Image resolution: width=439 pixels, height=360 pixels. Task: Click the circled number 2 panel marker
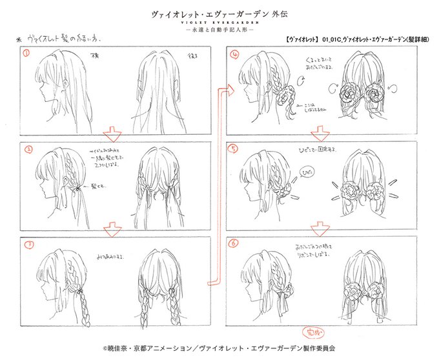(x=28, y=149)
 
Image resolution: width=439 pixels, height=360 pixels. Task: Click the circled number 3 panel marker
(x=28, y=245)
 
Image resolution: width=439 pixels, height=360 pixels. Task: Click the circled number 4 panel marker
(x=235, y=54)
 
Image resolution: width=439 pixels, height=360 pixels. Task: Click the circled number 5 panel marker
(x=235, y=148)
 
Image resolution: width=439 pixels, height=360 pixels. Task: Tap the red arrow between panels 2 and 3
(x=114, y=229)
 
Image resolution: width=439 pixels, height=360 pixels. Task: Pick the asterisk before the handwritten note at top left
(x=18, y=39)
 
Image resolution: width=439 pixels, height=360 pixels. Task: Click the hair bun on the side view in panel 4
(x=282, y=99)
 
